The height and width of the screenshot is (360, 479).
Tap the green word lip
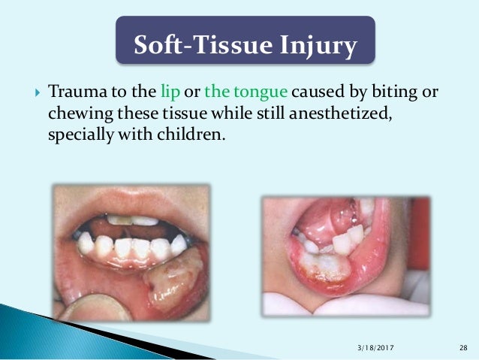pos(170,92)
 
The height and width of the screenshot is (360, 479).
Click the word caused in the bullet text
pos(312,92)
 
